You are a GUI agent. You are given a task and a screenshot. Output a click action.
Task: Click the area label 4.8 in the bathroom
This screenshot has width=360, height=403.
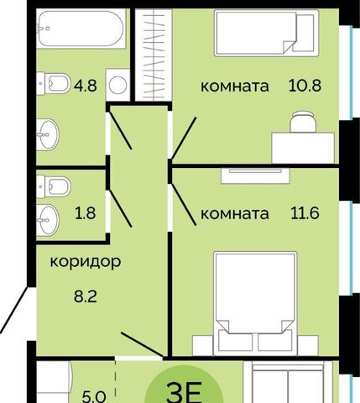click(86, 86)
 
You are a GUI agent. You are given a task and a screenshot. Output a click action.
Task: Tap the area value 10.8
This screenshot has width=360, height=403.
click(305, 86)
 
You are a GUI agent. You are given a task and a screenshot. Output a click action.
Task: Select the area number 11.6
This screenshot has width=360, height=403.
click(305, 213)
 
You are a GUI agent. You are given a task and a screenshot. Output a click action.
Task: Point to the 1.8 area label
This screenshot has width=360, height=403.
click(86, 213)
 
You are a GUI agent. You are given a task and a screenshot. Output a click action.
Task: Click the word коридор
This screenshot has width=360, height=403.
click(86, 262)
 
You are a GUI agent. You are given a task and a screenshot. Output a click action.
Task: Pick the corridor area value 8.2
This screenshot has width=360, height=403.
click(86, 296)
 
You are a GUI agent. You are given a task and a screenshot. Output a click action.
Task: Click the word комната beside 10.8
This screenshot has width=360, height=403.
click(235, 86)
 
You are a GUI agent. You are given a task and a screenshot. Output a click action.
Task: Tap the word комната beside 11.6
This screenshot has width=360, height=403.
click(235, 214)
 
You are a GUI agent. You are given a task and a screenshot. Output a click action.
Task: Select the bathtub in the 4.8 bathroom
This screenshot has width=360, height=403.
click(81, 29)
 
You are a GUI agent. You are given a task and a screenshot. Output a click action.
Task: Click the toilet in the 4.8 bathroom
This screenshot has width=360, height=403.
click(53, 83)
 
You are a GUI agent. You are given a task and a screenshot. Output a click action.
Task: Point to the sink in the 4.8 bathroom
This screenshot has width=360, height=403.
click(48, 135)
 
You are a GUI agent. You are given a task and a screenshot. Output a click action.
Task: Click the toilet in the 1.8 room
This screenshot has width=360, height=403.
click(53, 186)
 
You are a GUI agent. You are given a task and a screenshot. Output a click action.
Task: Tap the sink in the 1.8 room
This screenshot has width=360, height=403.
click(48, 220)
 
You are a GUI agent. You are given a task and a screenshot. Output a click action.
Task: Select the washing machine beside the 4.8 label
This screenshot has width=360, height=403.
click(117, 85)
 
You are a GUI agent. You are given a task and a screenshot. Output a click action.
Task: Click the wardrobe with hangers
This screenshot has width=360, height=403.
click(154, 55)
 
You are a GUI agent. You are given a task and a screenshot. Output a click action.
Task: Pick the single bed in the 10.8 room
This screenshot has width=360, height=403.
click(267, 33)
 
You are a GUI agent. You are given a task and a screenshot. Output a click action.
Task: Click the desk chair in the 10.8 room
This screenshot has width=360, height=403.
click(303, 122)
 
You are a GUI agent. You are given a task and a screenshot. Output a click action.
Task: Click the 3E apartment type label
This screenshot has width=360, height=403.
click(184, 392)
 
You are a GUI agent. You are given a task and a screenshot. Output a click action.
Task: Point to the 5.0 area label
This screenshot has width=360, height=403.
click(94, 397)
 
